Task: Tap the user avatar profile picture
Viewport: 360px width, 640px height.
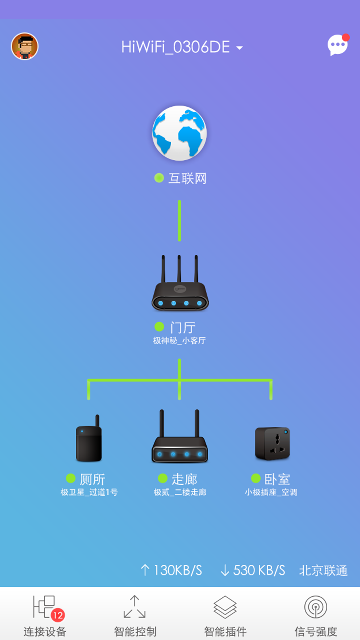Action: tap(25, 47)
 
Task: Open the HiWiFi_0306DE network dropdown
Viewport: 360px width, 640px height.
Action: tap(182, 47)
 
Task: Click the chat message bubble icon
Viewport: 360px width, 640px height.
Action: tap(338, 45)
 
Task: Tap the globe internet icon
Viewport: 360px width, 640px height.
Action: tap(179, 133)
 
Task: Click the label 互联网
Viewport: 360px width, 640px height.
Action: tap(187, 178)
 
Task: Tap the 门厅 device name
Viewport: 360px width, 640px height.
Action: tap(182, 327)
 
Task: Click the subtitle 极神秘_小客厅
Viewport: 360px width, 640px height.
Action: tap(180, 341)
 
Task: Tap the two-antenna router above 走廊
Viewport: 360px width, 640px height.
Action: tap(180, 438)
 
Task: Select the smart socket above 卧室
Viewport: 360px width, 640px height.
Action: tap(272, 443)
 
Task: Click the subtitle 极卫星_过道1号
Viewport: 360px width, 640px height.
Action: tap(89, 492)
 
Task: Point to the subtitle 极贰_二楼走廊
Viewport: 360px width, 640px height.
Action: tap(180, 492)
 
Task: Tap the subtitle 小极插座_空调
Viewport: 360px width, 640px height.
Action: tap(271, 492)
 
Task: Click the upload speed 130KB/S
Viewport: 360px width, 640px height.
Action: tap(171, 570)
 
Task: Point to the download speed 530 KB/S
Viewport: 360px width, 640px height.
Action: tap(253, 570)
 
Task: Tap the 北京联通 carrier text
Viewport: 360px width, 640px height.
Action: tap(323, 570)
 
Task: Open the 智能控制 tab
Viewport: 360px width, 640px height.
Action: tap(135, 614)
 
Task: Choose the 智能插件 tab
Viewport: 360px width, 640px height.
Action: tap(225, 614)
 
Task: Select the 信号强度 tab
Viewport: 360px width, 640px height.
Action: tap(315, 614)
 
